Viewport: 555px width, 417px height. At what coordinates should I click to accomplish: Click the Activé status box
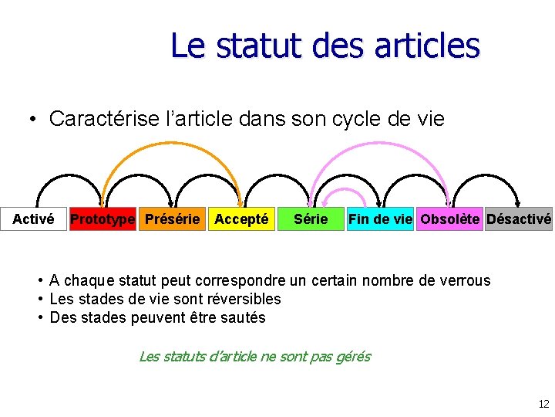(x=33, y=219)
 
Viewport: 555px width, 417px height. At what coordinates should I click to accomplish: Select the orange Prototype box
(x=102, y=219)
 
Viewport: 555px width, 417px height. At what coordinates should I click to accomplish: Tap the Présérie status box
(x=172, y=219)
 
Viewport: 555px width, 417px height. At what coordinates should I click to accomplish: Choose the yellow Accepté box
(x=241, y=219)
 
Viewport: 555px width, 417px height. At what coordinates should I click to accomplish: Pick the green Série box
(x=311, y=219)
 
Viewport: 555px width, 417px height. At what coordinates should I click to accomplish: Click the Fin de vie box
(x=380, y=219)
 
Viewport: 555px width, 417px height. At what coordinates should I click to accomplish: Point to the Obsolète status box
(x=449, y=219)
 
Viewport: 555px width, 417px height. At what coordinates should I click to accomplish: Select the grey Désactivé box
(x=519, y=219)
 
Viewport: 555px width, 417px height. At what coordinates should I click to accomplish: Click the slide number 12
(x=543, y=404)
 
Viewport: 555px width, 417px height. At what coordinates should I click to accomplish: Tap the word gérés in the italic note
(x=353, y=356)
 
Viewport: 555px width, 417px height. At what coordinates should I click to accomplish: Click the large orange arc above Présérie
(x=171, y=144)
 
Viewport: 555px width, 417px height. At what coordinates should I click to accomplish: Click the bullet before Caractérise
(x=33, y=120)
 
